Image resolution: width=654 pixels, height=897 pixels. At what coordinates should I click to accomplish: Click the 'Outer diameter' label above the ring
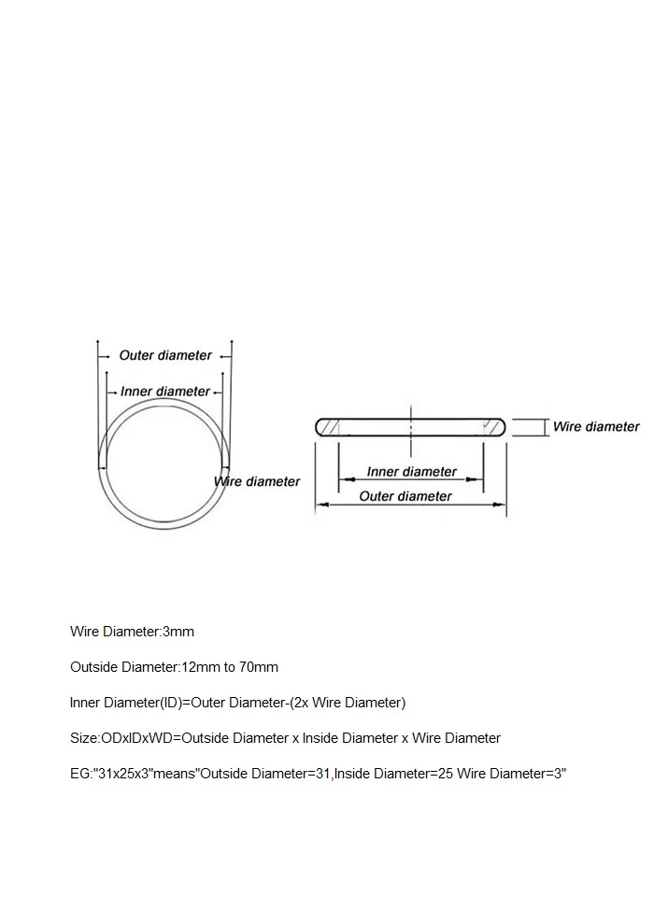click(165, 355)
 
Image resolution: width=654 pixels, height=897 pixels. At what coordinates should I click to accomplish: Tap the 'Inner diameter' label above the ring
click(165, 392)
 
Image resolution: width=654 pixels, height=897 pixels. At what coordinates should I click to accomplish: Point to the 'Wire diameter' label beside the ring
click(258, 481)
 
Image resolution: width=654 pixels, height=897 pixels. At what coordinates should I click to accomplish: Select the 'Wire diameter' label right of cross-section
click(596, 426)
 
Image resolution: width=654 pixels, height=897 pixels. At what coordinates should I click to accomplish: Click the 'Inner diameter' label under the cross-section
click(411, 472)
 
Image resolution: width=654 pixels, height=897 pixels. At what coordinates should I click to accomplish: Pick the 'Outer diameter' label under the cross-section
click(405, 496)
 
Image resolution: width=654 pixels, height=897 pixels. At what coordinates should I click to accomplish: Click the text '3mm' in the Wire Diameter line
click(178, 632)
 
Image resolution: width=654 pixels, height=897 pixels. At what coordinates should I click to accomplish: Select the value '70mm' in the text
click(259, 667)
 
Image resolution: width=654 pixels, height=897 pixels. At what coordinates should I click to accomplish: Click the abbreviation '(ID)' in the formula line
click(170, 703)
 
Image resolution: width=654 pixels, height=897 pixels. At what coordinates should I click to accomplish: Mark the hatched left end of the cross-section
click(329, 427)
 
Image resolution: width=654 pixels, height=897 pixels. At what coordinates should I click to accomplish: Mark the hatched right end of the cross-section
click(492, 427)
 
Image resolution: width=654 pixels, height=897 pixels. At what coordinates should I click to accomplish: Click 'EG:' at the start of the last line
click(80, 774)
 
